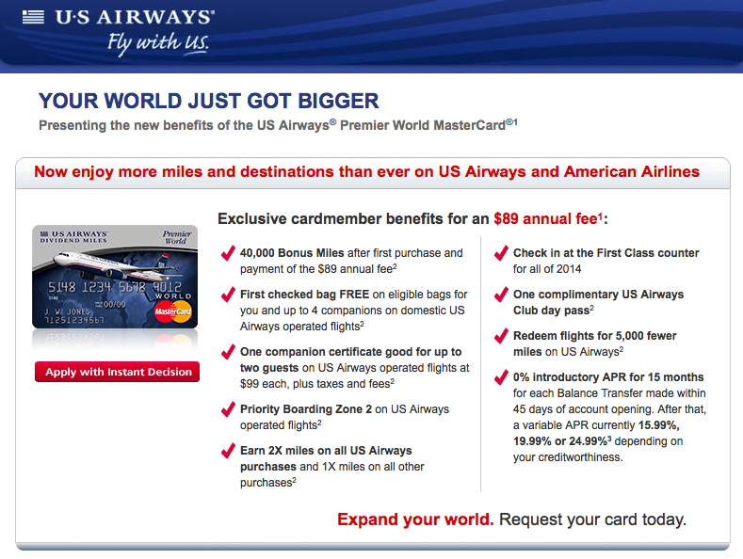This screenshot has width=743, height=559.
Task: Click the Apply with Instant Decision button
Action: [x=117, y=372]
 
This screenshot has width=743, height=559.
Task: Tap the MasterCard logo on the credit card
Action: [x=173, y=311]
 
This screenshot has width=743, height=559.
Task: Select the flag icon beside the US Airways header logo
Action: [x=33, y=17]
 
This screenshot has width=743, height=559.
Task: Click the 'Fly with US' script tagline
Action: [x=158, y=43]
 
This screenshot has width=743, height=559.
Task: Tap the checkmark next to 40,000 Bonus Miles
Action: [x=229, y=253]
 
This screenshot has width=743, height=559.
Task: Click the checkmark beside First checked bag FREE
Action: [x=229, y=295]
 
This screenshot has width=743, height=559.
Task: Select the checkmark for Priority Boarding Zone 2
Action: [x=229, y=408]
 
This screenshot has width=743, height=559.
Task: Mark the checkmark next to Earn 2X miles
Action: [x=229, y=450]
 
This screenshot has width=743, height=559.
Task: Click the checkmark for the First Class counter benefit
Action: [x=501, y=253]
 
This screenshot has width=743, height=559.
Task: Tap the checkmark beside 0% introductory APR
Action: [x=501, y=377]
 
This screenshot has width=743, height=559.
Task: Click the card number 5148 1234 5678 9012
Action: [x=115, y=287]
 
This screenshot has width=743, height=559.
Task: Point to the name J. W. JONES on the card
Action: [x=67, y=311]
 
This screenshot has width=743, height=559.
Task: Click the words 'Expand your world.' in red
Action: [x=415, y=519]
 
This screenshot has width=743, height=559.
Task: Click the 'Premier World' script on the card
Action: [x=177, y=237]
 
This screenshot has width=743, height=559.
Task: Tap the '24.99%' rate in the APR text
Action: [x=588, y=441]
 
